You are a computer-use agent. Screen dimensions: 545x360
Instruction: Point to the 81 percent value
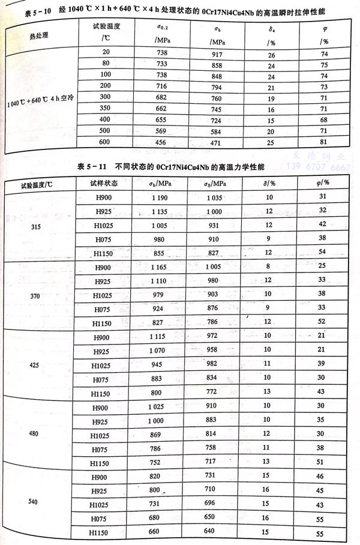pos(325,143)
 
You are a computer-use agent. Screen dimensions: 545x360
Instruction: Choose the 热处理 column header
pos(37,35)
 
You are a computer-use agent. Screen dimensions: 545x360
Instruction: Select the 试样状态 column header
pos(104,183)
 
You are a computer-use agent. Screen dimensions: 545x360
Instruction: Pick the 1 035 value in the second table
pos(214,197)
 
